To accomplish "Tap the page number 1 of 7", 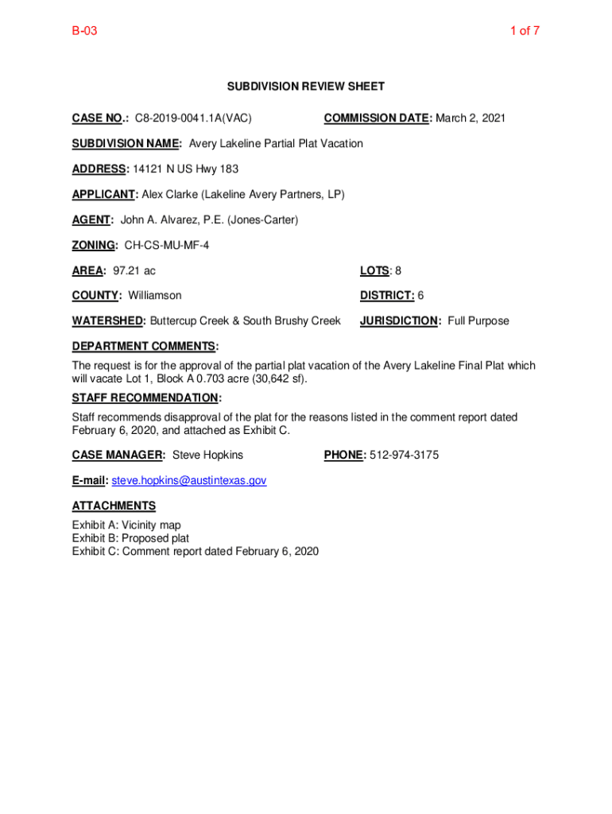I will tap(525, 32).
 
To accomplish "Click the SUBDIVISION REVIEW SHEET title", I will tap(306, 86).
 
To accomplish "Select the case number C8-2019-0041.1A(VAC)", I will tap(193, 118).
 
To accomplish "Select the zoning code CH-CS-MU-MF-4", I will tap(167, 246).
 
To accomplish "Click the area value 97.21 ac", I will tap(134, 271).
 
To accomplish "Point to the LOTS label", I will tap(374, 271).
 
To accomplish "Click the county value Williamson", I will tap(154, 296).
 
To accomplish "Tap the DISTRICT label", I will tap(387, 296).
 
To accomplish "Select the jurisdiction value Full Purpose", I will tap(478, 321).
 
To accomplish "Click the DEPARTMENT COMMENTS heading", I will tap(145, 347).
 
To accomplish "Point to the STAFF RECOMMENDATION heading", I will tap(146, 397).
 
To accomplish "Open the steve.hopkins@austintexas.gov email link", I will tap(189, 481).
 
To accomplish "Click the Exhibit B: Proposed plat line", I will tap(130, 538).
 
